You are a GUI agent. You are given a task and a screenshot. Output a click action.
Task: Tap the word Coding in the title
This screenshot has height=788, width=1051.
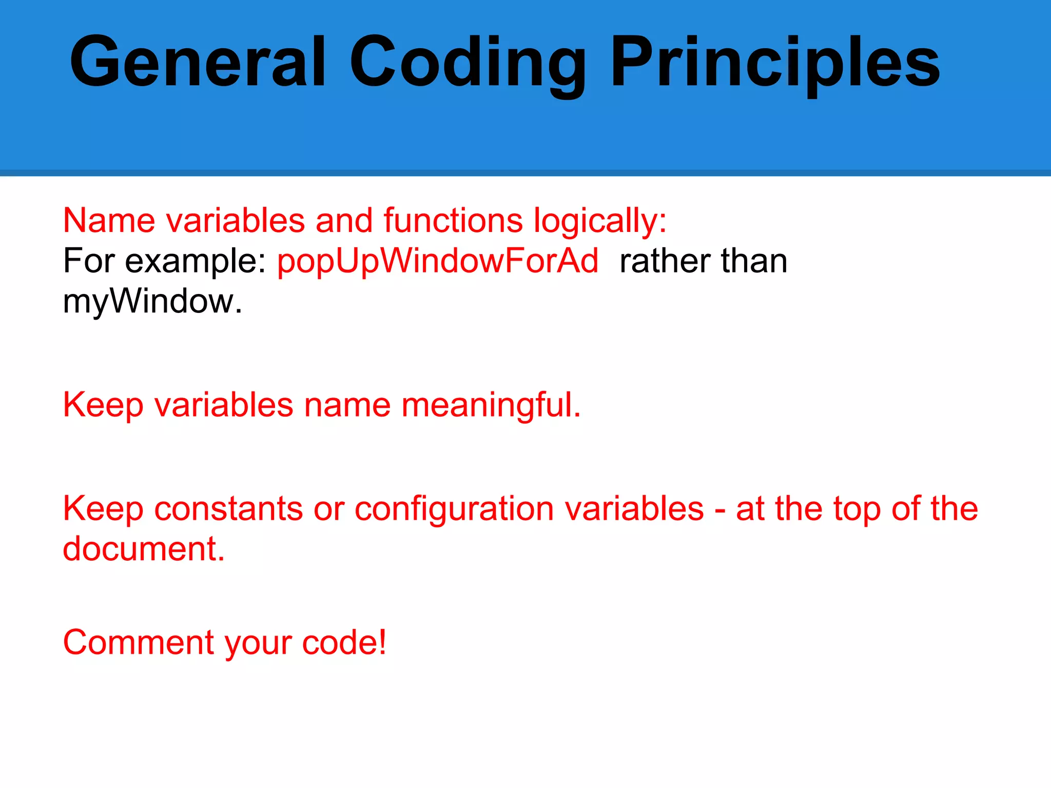(x=467, y=64)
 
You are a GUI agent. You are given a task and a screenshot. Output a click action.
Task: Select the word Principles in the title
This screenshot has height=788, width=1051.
(x=775, y=64)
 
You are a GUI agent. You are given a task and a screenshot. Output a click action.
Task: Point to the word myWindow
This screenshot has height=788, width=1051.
(x=151, y=302)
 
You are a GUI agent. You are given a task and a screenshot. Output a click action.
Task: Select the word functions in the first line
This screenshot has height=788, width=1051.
(x=453, y=221)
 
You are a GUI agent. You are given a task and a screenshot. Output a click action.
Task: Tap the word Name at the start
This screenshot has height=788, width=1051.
(x=109, y=221)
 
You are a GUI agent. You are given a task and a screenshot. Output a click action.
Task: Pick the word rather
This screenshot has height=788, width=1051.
(x=665, y=261)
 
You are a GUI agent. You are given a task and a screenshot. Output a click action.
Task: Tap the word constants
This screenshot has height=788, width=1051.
(x=228, y=509)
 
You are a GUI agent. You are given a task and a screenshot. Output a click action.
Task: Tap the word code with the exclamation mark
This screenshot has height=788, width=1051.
(x=343, y=642)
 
